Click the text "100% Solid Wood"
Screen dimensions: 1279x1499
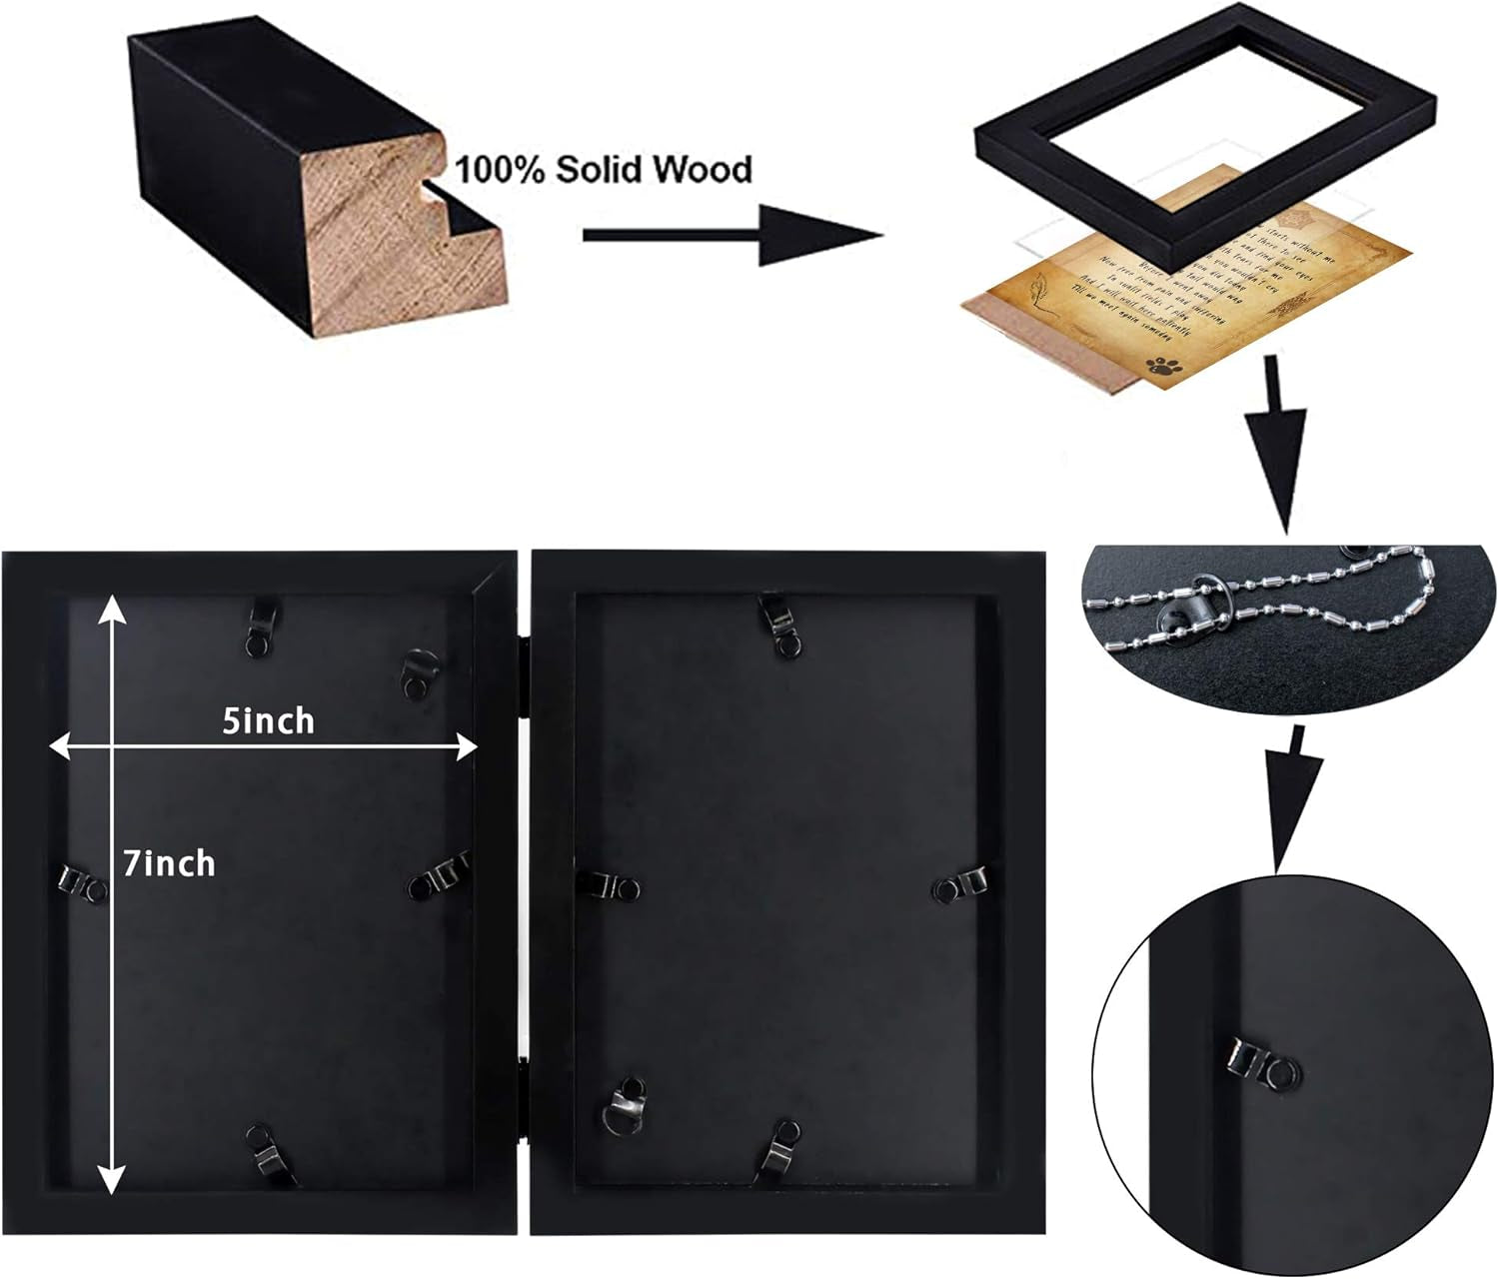[604, 169]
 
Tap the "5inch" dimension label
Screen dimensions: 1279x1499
[268, 720]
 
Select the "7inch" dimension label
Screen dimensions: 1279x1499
[170, 863]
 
